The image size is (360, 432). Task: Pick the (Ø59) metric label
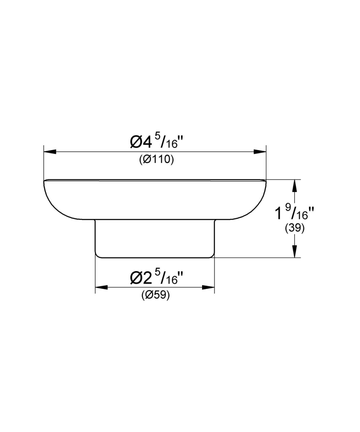(x=155, y=295)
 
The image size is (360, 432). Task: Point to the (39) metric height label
(x=295, y=228)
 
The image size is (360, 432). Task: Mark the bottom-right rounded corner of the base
(x=212, y=256)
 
